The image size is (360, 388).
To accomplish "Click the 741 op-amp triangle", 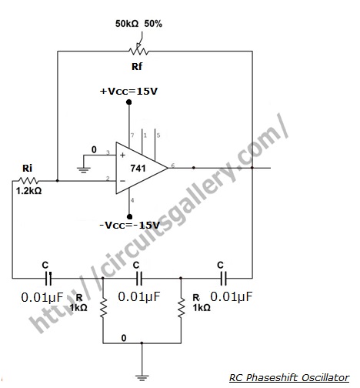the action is click(x=142, y=168).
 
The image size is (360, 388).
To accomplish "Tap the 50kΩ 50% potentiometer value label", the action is click(x=138, y=24).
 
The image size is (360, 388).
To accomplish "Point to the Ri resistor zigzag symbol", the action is click(x=28, y=181).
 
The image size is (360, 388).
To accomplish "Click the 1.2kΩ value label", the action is click(x=28, y=191).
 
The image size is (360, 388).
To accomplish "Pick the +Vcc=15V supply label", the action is click(x=128, y=92).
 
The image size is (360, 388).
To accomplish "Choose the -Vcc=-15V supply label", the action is click(x=129, y=226).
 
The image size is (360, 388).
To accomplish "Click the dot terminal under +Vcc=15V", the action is click(x=129, y=102).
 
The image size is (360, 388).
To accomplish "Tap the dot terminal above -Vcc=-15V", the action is click(x=130, y=217).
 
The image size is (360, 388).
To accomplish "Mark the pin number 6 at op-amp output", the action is click(x=173, y=166).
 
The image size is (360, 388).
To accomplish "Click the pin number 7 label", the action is click(x=132, y=135).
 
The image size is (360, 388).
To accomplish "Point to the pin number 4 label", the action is click(x=132, y=200).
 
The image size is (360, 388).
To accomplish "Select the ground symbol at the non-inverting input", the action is click(x=83, y=170).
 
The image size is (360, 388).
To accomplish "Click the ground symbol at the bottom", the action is click(x=142, y=378).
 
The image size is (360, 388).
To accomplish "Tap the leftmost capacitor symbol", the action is click(x=48, y=278).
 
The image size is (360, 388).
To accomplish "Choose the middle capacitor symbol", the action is click(x=138, y=278).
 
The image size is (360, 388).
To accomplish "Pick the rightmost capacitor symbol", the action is click(x=223, y=278).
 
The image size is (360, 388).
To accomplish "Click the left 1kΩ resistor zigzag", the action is click(x=103, y=308).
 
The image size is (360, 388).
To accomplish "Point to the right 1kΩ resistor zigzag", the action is click(x=181, y=308).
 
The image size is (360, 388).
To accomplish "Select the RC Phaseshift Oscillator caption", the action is click(x=289, y=378).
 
